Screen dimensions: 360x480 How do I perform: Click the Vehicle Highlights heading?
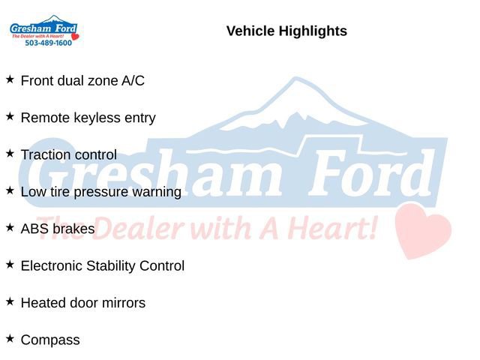coord(286,31)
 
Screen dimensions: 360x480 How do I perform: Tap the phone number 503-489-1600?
coord(48,43)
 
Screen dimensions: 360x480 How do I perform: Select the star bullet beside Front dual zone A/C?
coord(10,79)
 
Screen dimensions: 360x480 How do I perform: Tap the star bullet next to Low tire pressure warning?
coord(10,190)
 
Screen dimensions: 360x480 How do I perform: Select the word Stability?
coord(113,265)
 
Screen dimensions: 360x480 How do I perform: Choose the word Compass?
coord(50,340)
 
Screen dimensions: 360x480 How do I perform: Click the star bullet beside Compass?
coord(10,338)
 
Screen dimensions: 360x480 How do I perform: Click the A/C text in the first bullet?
coord(133,81)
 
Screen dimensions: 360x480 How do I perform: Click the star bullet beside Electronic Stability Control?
coord(10,264)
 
